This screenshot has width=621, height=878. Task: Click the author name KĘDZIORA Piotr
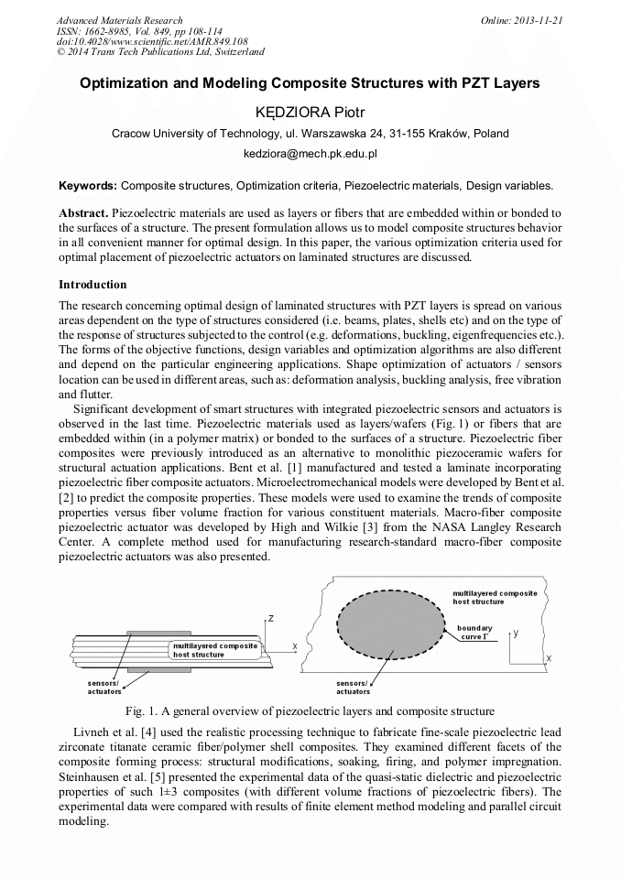click(310, 112)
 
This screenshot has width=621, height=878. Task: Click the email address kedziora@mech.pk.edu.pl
click(310, 155)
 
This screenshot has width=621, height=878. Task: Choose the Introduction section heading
click(93, 285)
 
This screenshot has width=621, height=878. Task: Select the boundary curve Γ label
click(479, 632)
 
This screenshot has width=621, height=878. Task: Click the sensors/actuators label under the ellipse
click(354, 688)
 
